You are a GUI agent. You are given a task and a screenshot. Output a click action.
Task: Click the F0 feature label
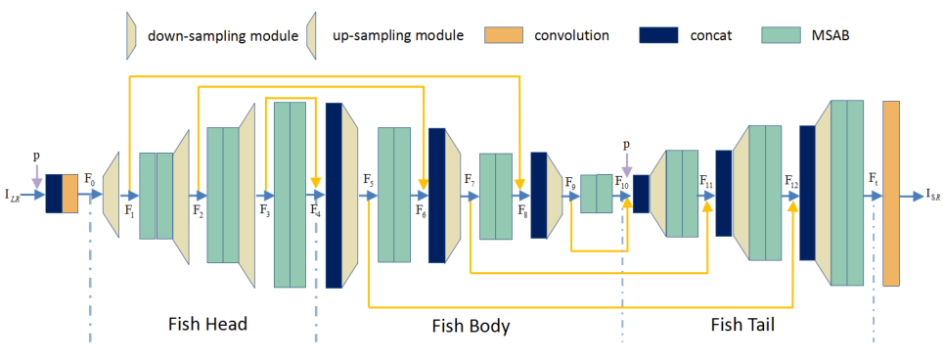click(x=90, y=180)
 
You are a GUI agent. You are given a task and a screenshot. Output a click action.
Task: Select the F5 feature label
click(x=368, y=180)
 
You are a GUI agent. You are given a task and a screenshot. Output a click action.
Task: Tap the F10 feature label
click(x=622, y=180)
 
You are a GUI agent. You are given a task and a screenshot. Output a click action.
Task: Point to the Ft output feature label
click(x=873, y=180)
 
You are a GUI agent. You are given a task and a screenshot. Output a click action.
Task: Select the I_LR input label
click(x=13, y=195)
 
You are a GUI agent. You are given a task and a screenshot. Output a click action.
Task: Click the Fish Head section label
click(x=207, y=324)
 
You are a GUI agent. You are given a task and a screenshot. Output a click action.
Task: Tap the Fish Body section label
click(x=471, y=325)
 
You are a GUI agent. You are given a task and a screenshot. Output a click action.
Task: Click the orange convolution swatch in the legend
click(x=506, y=35)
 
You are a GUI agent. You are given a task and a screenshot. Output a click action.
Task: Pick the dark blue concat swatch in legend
click(x=658, y=35)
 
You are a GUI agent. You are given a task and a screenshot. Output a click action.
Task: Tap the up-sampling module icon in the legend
click(x=314, y=35)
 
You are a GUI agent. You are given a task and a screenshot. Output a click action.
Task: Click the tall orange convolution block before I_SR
click(x=890, y=193)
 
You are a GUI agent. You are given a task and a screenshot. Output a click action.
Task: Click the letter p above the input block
click(x=36, y=155)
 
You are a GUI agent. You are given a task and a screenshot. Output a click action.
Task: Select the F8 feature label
click(x=521, y=209)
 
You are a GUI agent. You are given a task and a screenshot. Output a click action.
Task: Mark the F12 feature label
click(x=791, y=180)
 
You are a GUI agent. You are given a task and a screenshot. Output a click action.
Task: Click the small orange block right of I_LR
click(x=69, y=193)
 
